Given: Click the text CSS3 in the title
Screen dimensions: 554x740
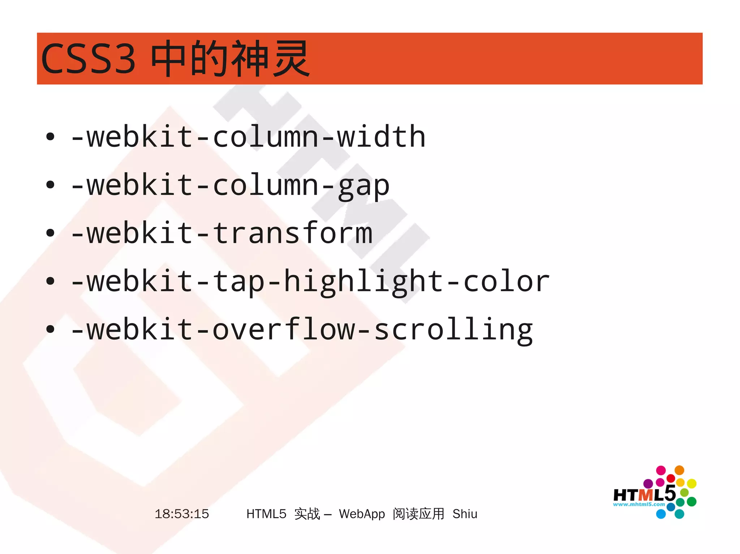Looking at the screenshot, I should [88, 58].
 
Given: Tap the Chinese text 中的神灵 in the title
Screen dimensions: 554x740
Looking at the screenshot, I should [230, 58].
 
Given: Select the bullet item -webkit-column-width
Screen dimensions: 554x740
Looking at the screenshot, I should [248, 137].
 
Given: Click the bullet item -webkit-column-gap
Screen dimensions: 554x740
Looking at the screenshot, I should [230, 186].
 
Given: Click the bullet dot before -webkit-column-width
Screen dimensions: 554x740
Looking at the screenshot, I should [50, 137].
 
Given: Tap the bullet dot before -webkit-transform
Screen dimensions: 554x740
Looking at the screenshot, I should [50, 233].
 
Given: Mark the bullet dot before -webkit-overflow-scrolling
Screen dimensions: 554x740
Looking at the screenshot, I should [50, 329].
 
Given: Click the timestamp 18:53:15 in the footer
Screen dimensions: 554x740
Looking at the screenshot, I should [182, 514].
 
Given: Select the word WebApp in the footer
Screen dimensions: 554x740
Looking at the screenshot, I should [362, 514].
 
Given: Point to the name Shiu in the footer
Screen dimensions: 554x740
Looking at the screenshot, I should [465, 514].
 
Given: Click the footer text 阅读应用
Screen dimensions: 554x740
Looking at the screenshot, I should [418, 514].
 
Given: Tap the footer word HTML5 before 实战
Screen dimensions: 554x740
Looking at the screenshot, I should [266, 514].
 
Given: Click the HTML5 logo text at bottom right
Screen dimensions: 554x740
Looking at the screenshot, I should [644, 494].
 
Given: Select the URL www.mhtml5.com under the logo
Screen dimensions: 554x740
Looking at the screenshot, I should [639, 504].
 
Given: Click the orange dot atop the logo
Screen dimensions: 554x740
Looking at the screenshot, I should [679, 470].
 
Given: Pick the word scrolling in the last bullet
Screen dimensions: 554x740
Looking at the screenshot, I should [453, 330].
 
